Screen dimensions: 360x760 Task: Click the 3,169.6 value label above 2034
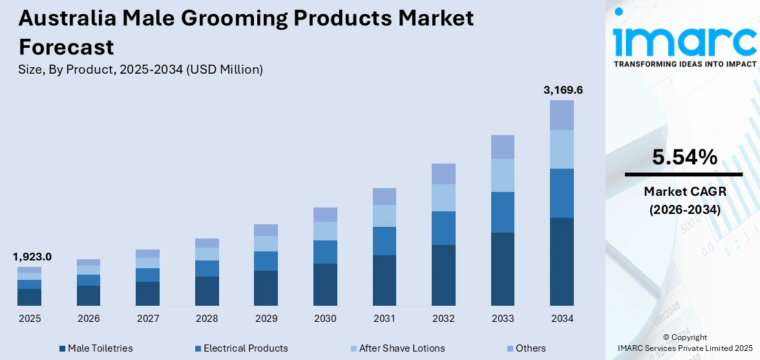point(563,90)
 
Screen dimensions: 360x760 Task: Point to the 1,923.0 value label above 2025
point(32,257)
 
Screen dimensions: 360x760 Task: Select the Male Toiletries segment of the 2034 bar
point(562,261)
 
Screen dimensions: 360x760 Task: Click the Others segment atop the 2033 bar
point(503,147)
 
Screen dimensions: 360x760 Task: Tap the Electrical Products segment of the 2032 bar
point(443,228)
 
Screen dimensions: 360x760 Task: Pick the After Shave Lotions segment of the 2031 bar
point(384,216)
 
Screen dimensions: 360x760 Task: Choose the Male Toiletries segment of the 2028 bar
point(207,291)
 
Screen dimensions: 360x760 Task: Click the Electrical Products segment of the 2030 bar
point(325,252)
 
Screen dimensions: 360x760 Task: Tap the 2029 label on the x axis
point(266,319)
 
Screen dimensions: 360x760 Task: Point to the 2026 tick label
point(89,319)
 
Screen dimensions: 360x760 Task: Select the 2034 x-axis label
point(562,319)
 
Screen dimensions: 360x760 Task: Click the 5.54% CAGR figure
point(684,157)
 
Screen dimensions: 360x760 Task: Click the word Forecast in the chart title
point(66,47)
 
